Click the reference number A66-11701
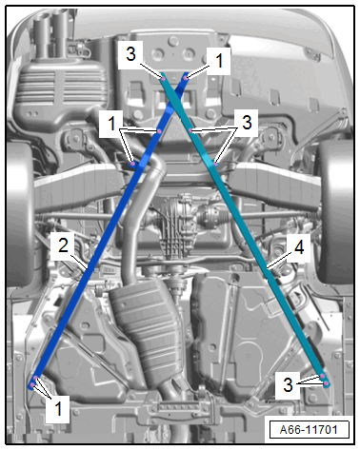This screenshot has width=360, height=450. click(x=309, y=430)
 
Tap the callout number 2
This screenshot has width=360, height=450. click(x=63, y=245)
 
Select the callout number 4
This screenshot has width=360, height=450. click(x=299, y=246)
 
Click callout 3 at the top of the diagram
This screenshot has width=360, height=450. click(x=130, y=53)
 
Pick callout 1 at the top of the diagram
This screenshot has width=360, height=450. click(x=219, y=60)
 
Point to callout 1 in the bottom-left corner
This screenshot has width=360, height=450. click(x=58, y=408)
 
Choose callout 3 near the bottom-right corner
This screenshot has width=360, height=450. click(x=288, y=384)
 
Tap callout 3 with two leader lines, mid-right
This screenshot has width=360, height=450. click(x=247, y=123)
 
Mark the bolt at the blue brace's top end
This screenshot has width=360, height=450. click(x=186, y=76)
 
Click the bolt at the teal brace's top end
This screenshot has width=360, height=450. click(x=163, y=78)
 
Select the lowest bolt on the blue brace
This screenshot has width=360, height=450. click(x=32, y=385)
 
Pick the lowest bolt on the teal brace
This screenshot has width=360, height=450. click(x=326, y=383)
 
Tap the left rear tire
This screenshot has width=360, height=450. click(x=19, y=216)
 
